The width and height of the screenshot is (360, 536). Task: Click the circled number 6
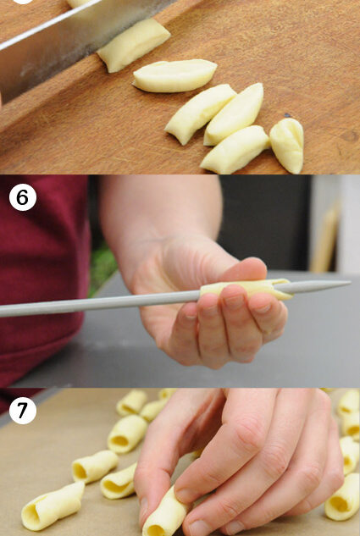[23, 197]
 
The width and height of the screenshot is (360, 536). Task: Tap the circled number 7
[23, 411]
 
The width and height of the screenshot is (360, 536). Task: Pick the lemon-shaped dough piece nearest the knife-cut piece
[174, 75]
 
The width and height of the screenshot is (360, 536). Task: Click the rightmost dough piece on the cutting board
[287, 145]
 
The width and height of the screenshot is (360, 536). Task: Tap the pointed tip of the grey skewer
[350, 282]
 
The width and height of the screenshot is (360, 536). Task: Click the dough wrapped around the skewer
[246, 288]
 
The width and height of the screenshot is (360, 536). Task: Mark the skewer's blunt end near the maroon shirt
[2, 311]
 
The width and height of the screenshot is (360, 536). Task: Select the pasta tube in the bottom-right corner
[343, 497]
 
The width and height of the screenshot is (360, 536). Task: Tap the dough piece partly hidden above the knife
[80, 3]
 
